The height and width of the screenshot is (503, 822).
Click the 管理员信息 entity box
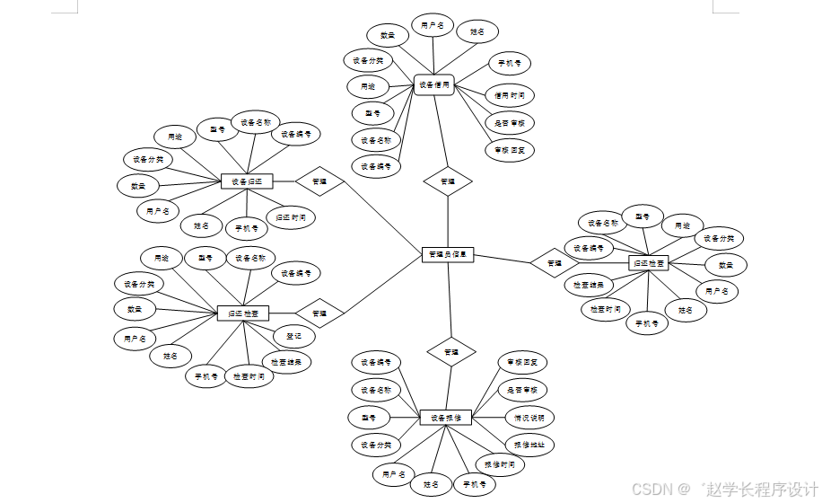click(x=447, y=254)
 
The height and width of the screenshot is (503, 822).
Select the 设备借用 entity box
click(x=434, y=86)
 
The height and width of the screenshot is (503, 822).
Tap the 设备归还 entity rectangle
click(x=246, y=181)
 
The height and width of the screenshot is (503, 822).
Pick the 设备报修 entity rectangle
click(x=445, y=418)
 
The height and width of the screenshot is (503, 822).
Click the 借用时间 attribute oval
click(x=509, y=94)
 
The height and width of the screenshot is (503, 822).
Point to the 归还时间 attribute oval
click(x=291, y=217)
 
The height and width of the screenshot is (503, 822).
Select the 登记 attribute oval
click(x=293, y=337)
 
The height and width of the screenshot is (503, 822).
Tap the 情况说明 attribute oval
click(x=529, y=418)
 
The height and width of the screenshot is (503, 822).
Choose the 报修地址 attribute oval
click(x=529, y=445)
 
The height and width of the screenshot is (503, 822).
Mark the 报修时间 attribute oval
click(x=499, y=465)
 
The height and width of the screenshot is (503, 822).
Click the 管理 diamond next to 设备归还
click(x=319, y=181)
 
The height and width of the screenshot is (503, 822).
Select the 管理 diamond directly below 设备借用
click(x=447, y=181)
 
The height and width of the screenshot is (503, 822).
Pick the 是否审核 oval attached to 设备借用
click(x=509, y=122)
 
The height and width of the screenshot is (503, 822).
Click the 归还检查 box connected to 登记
click(x=243, y=313)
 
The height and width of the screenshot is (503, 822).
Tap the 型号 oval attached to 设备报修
click(x=369, y=418)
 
